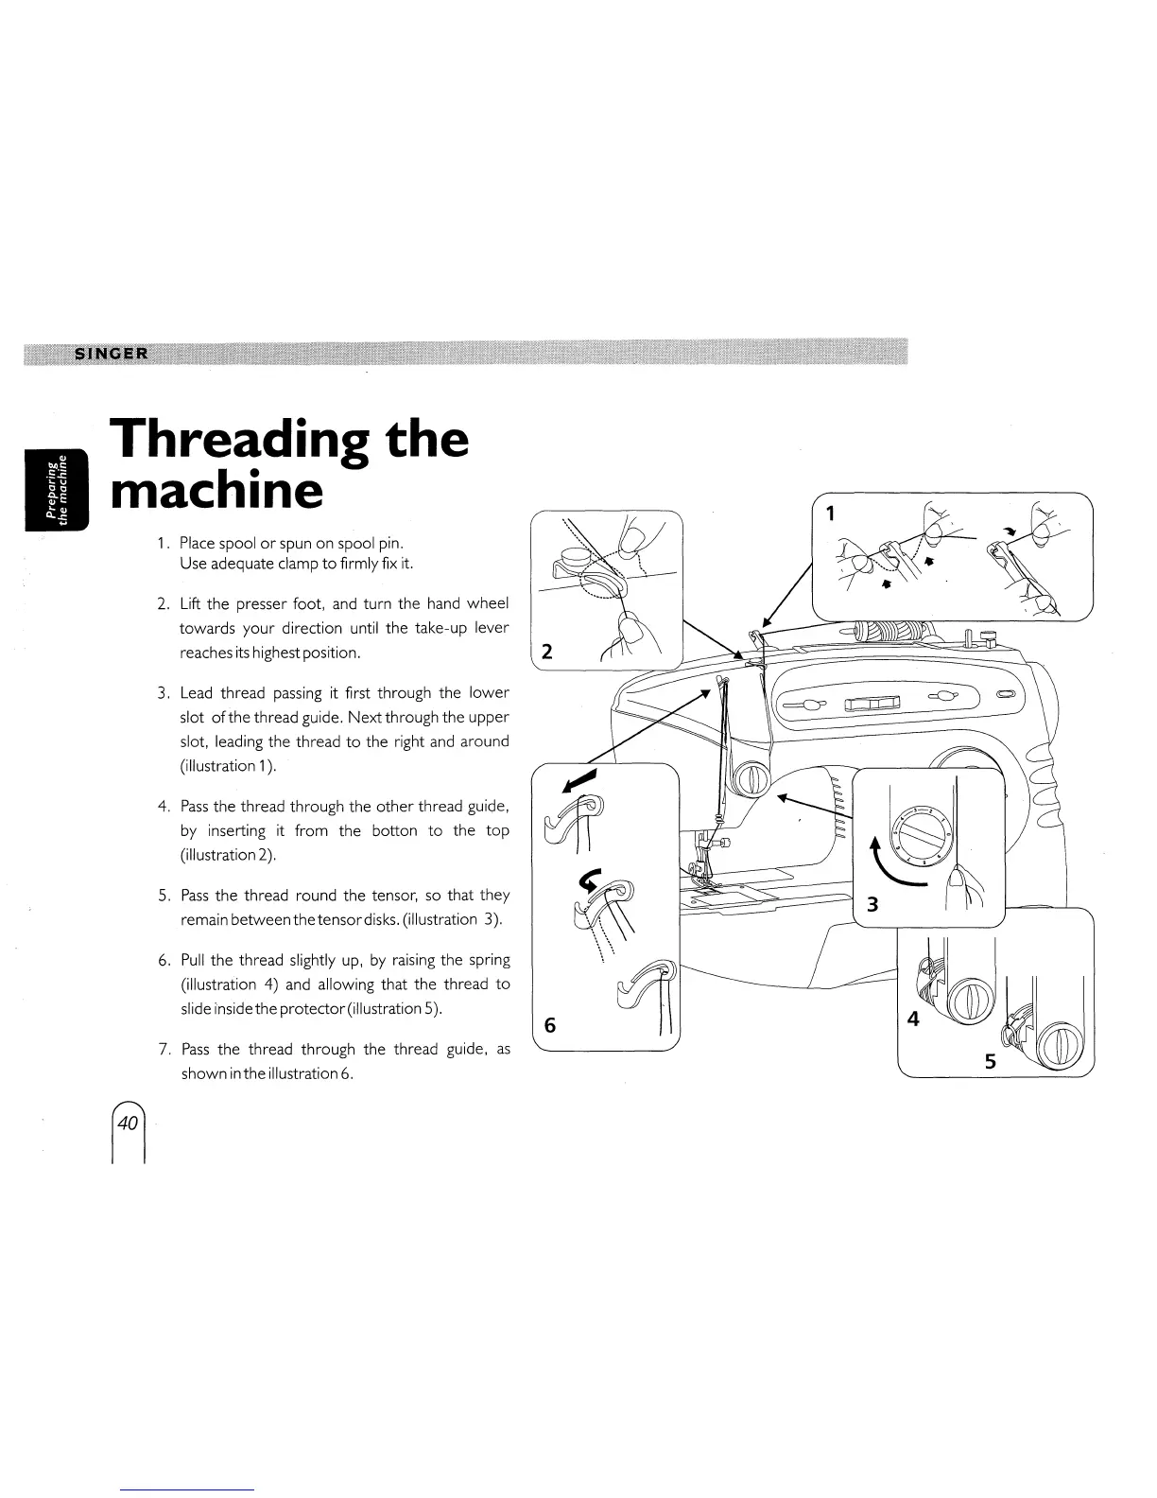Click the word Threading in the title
pos(238,442)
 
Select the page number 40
pos(129,1123)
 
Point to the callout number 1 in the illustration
pos(830,514)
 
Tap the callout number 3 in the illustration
pos(872,904)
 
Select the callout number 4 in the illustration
pos(912,1019)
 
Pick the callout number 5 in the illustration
pos(990,1061)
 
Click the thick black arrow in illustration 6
pos(580,780)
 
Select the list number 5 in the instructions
pos(163,895)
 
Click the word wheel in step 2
pos(489,603)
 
